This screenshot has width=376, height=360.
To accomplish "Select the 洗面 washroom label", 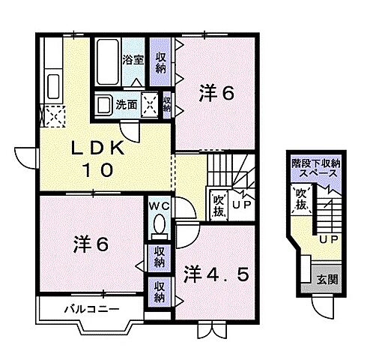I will click(x=126, y=105).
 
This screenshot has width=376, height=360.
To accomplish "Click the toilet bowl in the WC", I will click(x=158, y=224).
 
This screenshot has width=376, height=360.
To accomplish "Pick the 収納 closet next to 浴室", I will click(x=160, y=62).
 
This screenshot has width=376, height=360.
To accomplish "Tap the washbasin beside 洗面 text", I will click(x=104, y=105).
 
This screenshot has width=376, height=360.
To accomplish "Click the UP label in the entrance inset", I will click(x=327, y=239).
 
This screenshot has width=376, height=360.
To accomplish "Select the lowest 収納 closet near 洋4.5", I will click(x=160, y=291).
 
